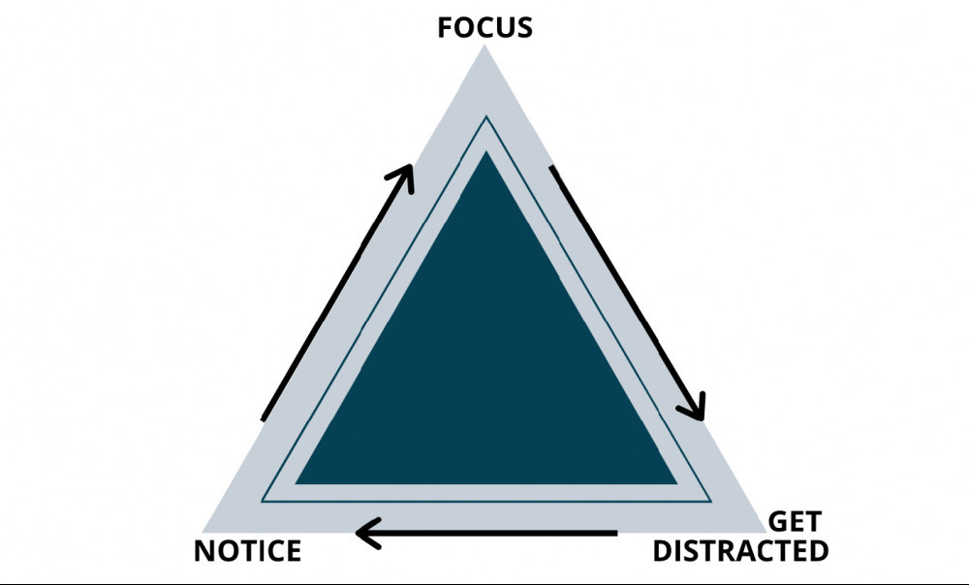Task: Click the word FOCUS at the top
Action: [484, 26]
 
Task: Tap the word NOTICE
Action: [247, 552]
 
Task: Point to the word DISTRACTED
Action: [740, 552]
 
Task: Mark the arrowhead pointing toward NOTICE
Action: [366, 532]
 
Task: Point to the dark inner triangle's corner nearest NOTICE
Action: [297, 481]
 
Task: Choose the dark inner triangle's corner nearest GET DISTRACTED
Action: [675, 481]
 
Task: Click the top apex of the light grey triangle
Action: [484, 46]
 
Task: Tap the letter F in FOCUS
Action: [447, 26]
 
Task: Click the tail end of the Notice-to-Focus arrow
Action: [264, 418]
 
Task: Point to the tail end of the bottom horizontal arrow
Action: [615, 532]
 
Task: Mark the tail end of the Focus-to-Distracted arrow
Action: [553, 169]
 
